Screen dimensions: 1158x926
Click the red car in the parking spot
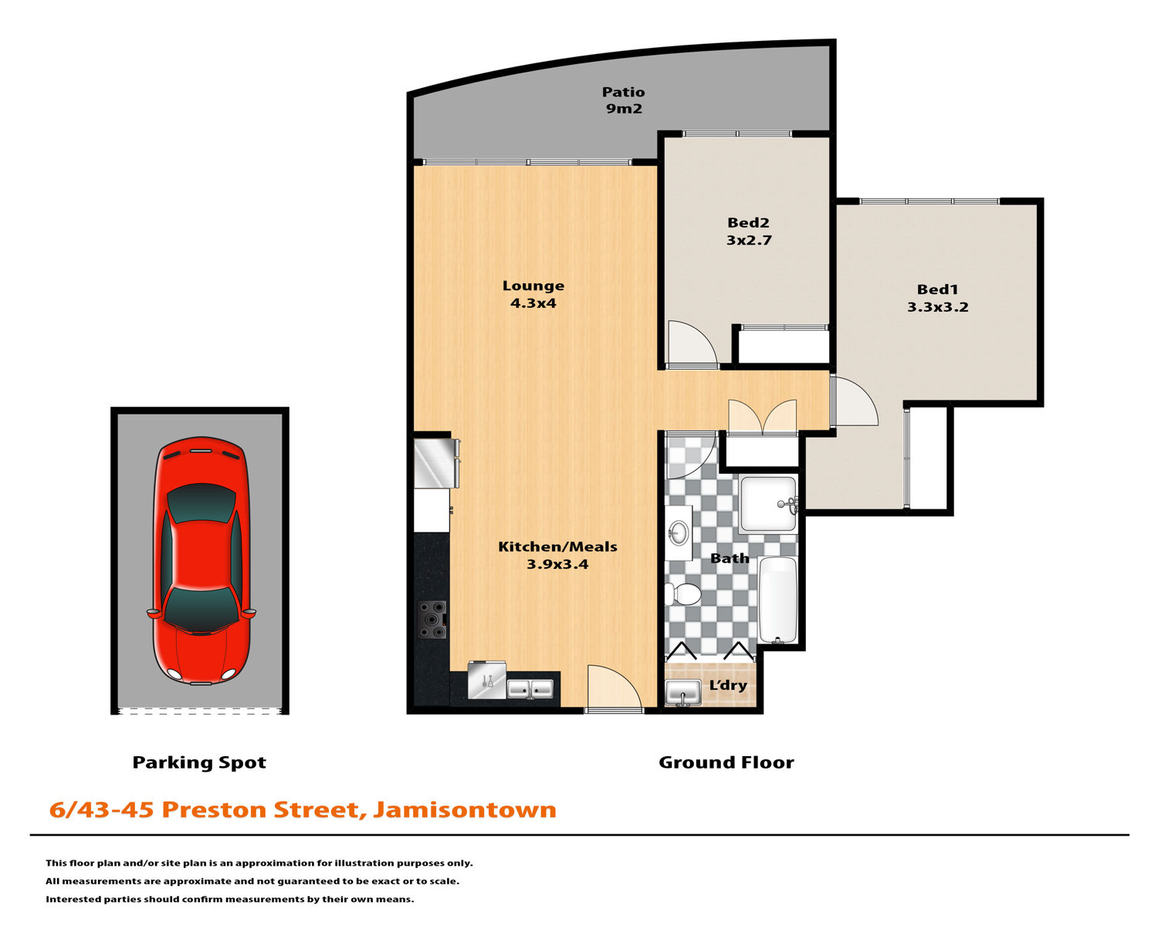click(x=201, y=560)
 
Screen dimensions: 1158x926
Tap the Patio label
click(x=623, y=92)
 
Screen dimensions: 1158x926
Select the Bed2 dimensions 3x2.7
click(x=749, y=240)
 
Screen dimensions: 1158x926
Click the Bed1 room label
click(x=937, y=289)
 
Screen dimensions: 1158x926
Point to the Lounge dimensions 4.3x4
click(x=533, y=303)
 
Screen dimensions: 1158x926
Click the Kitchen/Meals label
click(x=557, y=546)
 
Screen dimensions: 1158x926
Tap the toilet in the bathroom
click(x=683, y=594)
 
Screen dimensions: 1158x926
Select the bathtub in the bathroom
click(x=777, y=600)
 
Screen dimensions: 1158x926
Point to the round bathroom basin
click(x=679, y=532)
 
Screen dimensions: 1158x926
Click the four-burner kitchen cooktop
click(x=432, y=620)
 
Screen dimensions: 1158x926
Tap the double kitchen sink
click(x=530, y=689)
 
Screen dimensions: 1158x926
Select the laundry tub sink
click(x=683, y=692)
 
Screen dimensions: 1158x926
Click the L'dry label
click(x=728, y=685)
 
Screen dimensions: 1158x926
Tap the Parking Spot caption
click(x=199, y=763)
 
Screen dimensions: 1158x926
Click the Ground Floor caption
click(x=726, y=762)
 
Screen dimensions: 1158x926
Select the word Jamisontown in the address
click(x=465, y=809)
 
